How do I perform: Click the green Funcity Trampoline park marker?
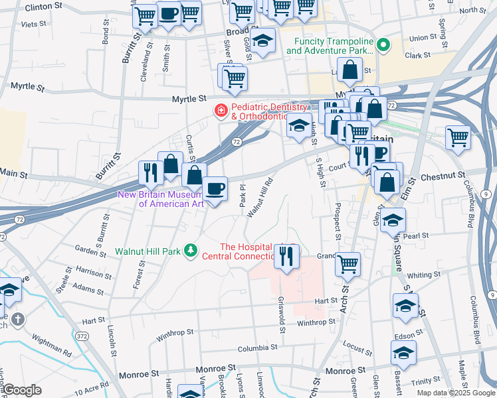tap(383, 45)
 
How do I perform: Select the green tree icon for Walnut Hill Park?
tap(191, 251)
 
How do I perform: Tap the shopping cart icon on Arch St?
tap(348, 263)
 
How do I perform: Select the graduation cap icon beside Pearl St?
tap(393, 220)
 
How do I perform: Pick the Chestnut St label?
tap(435, 177)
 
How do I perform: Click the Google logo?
tap(22, 391)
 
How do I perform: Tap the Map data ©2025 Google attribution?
tap(456, 393)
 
